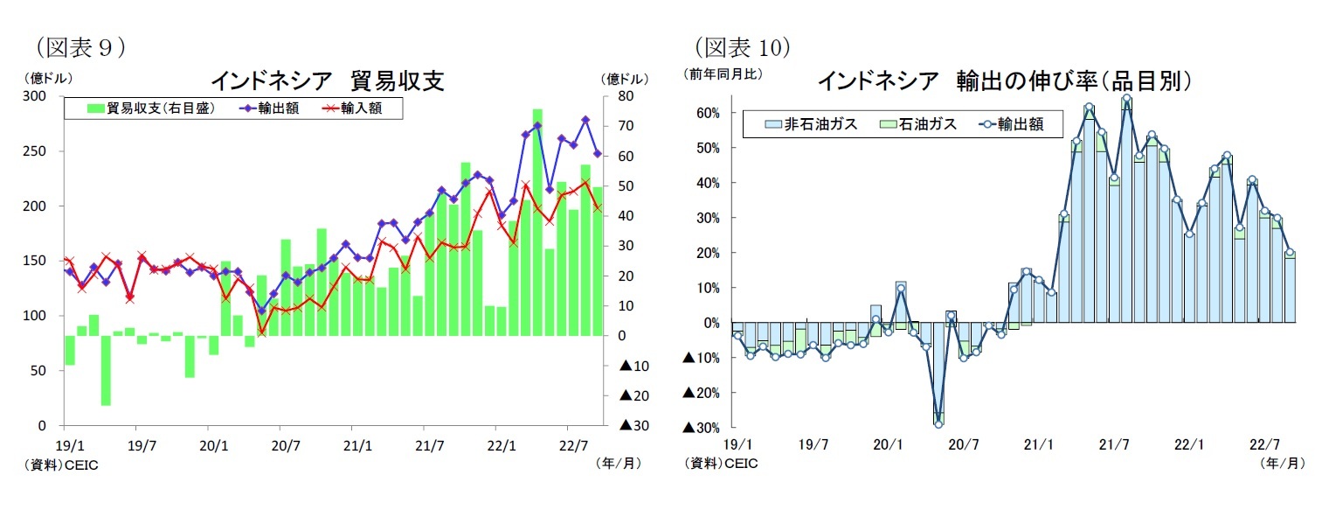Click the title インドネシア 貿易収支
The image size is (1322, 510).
(328, 81)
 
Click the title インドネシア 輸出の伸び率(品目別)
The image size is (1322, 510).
(1005, 81)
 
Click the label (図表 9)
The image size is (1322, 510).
(79, 46)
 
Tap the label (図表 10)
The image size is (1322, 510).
(743, 46)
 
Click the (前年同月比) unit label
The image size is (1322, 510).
(723, 74)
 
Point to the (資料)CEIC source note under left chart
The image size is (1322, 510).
(66, 465)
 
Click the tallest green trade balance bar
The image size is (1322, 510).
(537, 222)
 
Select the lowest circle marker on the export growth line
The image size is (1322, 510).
(938, 423)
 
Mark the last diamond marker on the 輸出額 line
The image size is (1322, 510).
(598, 154)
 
